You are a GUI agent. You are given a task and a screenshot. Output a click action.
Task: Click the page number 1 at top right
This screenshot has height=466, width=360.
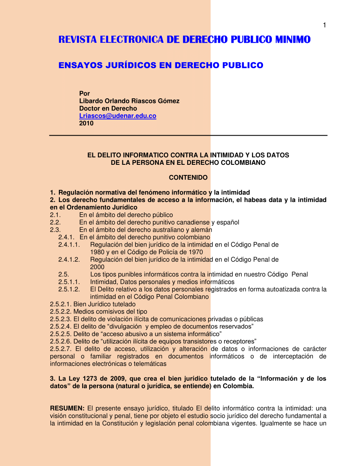(x=324, y=25)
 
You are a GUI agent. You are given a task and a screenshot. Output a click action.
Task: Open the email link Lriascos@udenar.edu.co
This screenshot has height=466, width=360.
(x=118, y=116)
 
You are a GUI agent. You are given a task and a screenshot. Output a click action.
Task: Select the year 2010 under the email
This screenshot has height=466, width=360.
(x=86, y=123)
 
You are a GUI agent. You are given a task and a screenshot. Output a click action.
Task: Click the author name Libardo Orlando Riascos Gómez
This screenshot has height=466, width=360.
(x=129, y=101)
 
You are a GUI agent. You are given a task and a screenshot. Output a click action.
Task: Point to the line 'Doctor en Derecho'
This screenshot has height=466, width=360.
(x=108, y=108)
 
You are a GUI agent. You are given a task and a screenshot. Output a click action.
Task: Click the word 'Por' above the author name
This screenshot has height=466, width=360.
(x=85, y=93)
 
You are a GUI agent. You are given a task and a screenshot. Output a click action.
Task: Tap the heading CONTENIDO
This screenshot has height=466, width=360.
(x=188, y=177)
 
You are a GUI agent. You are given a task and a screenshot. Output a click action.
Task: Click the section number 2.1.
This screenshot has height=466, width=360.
(x=55, y=215)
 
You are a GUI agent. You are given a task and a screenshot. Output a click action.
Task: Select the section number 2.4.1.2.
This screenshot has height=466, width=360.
(x=69, y=259)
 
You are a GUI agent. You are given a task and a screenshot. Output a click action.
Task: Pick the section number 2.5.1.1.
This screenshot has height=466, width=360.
(x=69, y=282)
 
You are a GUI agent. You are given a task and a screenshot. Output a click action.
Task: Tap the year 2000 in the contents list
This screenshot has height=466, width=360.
(x=97, y=267)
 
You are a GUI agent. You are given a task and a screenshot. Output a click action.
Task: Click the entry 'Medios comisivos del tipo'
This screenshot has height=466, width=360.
(x=110, y=311)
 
